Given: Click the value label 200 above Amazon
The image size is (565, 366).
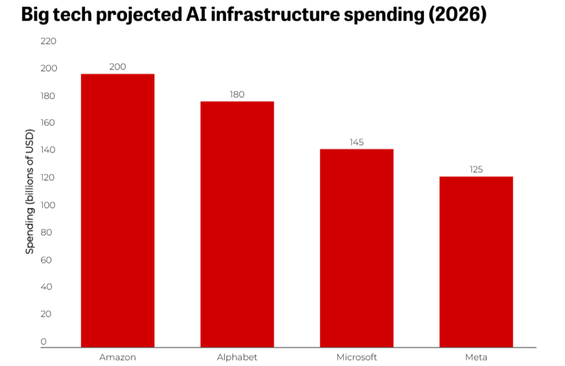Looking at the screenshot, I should point(118,67).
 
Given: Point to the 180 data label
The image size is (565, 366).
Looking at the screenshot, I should point(237,94).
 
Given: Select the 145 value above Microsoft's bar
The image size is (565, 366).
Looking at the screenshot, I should point(356,142).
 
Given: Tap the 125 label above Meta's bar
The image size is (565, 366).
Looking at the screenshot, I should point(476,169).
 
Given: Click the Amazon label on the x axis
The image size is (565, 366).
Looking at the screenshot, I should point(118,357).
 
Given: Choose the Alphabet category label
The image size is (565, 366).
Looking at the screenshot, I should point(237,357).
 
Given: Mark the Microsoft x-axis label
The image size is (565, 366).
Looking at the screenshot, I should point(356,357).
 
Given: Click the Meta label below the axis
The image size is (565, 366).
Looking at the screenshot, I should point(476,357).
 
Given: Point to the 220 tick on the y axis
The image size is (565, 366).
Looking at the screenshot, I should point(48,41).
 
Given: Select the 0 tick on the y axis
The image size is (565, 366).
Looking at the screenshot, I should point(44,342).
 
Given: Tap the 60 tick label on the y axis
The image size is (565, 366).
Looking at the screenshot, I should point(46,260).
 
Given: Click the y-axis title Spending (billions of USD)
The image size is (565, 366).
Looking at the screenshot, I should point(30,192).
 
